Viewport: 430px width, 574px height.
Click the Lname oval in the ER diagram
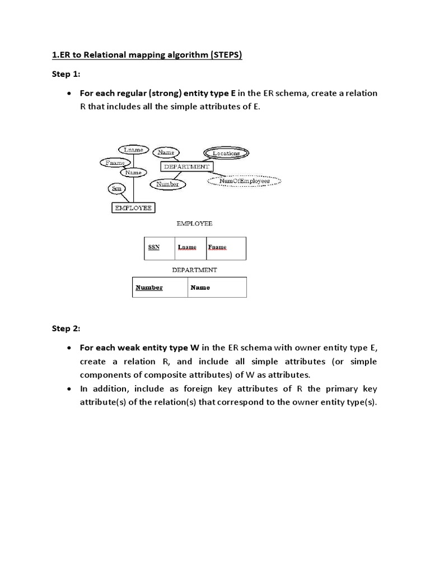[133, 150]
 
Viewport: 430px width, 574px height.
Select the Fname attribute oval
[115, 163]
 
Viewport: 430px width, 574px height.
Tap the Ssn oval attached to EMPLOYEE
[117, 189]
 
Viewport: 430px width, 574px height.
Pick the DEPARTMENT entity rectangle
[186, 166]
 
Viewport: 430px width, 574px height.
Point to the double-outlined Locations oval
[226, 153]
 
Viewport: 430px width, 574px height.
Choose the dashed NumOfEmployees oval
[244, 181]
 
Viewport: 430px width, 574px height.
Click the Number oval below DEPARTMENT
[167, 184]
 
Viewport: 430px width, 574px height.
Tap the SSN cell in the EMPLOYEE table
[160, 248]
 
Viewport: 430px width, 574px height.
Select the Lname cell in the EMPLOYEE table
[190, 248]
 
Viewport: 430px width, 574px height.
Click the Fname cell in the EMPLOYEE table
[226, 248]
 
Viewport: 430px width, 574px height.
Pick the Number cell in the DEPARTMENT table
[160, 288]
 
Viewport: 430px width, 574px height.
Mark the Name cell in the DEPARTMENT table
[217, 288]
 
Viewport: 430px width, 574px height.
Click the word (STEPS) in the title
[223, 55]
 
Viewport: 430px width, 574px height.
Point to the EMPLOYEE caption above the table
[194, 223]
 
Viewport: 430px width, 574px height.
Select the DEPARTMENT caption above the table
[194, 270]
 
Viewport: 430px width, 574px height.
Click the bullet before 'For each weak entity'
[68, 348]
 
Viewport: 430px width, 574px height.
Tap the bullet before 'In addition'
[68, 389]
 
